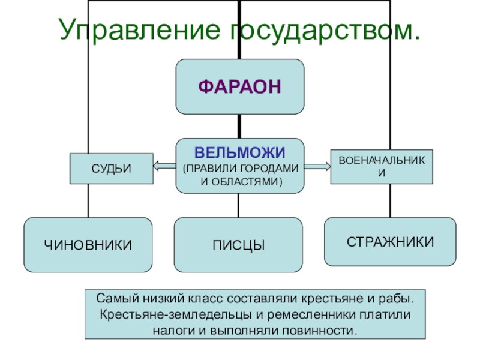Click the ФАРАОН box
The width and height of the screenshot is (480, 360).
(x=239, y=86)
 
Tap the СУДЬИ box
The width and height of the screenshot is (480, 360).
(x=111, y=169)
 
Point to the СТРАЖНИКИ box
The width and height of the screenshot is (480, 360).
(x=390, y=242)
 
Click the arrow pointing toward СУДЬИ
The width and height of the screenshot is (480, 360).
(x=164, y=167)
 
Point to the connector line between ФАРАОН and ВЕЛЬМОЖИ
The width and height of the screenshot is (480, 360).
(x=239, y=126)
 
